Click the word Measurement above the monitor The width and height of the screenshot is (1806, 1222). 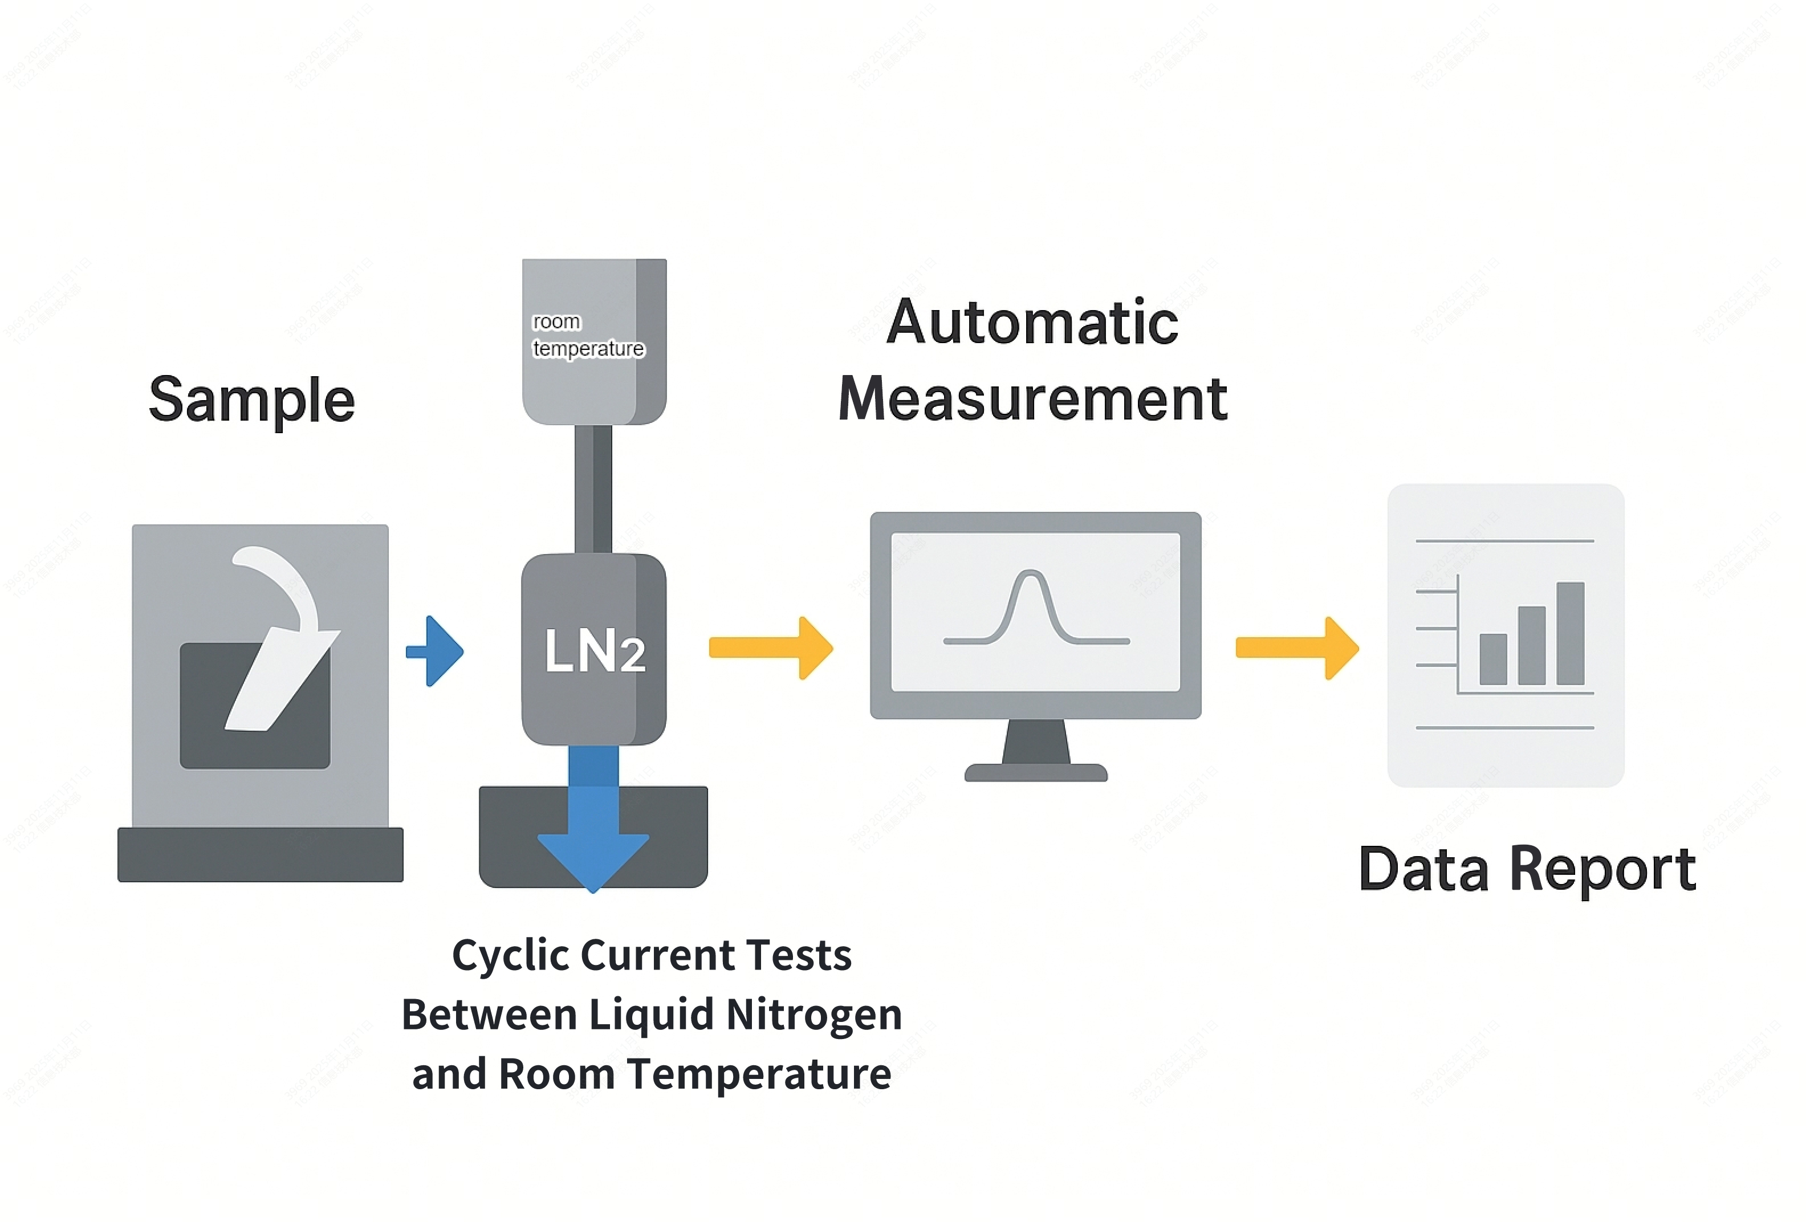(1032, 398)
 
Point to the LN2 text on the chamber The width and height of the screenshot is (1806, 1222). (593, 650)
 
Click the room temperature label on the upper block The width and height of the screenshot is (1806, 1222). (588, 336)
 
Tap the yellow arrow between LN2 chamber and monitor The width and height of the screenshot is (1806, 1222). (770, 648)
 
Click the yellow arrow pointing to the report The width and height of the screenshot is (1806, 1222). (1296, 648)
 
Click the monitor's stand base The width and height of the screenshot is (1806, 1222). (1035, 772)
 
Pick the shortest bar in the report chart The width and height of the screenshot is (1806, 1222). (1493, 659)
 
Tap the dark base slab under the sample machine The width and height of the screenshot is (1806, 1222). (261, 854)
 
